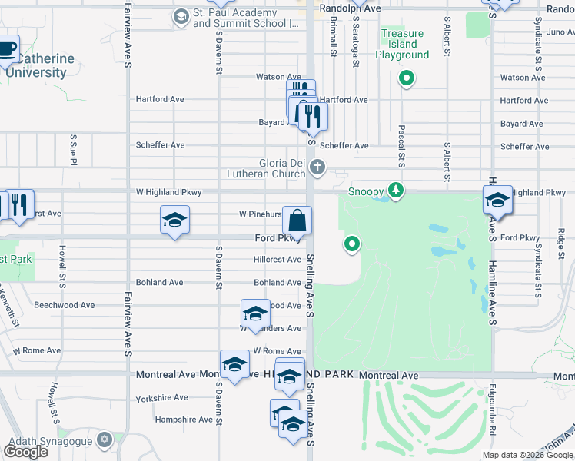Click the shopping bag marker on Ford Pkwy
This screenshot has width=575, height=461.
[297, 221]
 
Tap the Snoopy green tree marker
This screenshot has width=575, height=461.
[396, 190]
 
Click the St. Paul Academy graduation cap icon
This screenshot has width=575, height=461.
[181, 16]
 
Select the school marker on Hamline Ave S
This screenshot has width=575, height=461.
[497, 202]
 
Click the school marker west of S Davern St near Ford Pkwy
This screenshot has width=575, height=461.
[174, 221]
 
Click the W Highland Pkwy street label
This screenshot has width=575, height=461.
[168, 192]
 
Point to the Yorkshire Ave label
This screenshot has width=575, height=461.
[160, 398]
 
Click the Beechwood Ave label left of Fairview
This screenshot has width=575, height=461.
[64, 305]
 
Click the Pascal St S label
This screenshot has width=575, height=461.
[401, 145]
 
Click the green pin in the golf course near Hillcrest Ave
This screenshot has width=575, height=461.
[352, 244]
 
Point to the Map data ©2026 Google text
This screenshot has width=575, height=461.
[527, 455]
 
